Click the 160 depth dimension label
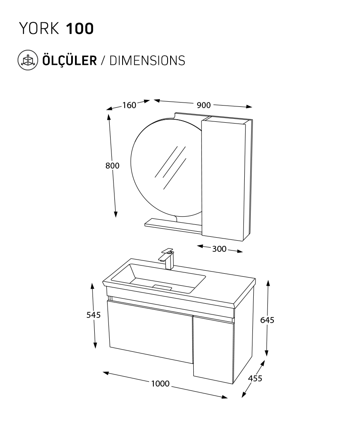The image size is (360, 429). [129, 105]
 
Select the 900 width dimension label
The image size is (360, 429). [204, 105]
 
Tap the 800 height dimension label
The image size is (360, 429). [112, 166]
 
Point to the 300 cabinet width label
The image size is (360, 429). [219, 249]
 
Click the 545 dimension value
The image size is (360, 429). [93, 315]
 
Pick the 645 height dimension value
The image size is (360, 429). [267, 320]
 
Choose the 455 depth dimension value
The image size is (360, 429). [255, 378]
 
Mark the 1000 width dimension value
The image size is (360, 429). [160, 384]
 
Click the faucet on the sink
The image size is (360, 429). [167, 258]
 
